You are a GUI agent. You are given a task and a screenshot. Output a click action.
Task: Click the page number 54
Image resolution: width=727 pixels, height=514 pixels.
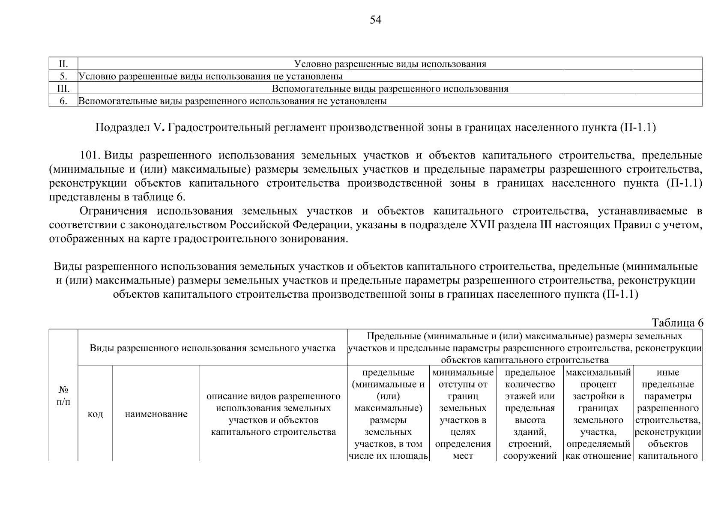[375, 20]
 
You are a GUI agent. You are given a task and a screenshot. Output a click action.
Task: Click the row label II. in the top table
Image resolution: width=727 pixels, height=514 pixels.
[63, 64]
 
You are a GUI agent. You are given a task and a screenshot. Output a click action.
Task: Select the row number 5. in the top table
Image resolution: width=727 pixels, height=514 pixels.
[63, 76]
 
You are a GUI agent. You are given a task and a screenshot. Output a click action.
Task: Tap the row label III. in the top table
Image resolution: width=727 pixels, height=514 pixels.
[63, 89]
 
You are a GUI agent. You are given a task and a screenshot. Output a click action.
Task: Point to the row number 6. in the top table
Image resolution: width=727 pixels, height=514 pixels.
[63, 101]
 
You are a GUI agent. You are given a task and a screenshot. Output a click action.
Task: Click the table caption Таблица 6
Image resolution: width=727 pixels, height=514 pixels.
[677, 323]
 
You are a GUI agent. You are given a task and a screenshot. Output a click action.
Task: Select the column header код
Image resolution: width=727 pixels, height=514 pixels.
[95, 414]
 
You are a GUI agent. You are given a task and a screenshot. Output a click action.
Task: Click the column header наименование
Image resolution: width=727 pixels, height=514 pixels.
[156, 414]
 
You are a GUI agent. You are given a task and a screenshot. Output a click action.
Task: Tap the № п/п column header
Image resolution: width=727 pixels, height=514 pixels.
[63, 396]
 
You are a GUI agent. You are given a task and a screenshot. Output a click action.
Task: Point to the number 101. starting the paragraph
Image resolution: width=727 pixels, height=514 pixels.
[90, 155]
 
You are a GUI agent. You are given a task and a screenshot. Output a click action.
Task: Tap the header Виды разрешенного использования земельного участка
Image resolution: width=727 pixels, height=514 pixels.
[212, 348]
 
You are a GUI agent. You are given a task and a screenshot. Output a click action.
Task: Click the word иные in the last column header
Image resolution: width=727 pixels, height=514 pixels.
[667, 373]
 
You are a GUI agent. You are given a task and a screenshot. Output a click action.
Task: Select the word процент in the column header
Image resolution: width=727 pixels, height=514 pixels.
[598, 385]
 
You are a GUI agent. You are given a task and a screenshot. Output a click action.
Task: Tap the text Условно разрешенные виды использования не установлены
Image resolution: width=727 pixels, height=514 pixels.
[211, 76]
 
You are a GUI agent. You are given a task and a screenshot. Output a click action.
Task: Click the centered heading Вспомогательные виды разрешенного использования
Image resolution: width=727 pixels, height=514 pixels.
[390, 89]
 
